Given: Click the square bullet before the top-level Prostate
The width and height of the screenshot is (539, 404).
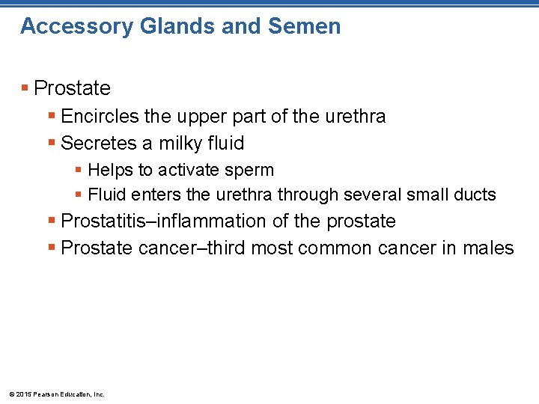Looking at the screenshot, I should point(25,88).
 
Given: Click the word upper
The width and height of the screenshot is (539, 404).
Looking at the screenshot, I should point(205,117).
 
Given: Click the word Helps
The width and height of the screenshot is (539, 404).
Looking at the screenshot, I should point(110,171).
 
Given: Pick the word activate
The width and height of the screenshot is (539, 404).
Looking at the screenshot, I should point(183,171).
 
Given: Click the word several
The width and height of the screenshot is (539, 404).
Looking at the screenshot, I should point(371,195).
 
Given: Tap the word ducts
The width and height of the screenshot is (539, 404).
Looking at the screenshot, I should point(473,195).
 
